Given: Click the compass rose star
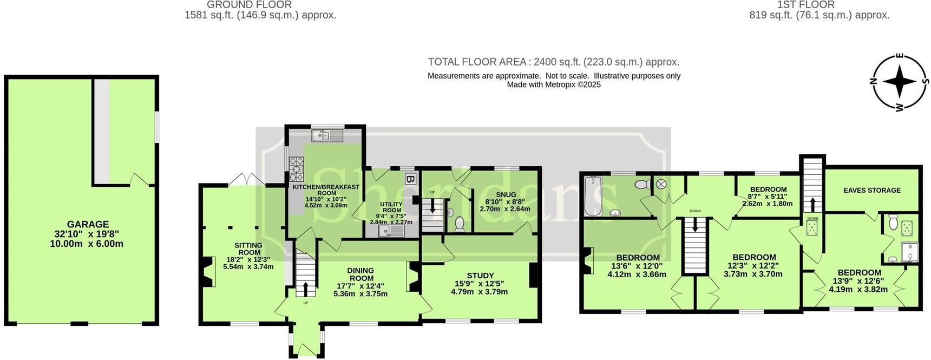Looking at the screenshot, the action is tap(899, 82).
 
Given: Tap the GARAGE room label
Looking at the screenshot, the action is tap(88, 224).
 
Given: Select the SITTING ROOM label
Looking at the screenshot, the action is tap(248, 249).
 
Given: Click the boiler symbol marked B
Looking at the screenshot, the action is tap(410, 179).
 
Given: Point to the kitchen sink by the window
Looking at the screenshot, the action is tap(327, 135).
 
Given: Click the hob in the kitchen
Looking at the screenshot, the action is tap(296, 168).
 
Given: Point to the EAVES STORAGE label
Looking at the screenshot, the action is tap(872, 190).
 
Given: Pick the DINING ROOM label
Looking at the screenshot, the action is tap(360, 274).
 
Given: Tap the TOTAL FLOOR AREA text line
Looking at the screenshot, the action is tap(554, 62).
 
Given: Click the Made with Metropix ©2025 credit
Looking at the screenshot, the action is tap(554, 84).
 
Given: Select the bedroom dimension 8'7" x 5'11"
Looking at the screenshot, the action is tap(768, 197).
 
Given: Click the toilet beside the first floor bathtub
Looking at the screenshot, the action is tap(644, 185).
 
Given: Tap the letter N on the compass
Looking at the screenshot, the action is tap(873, 82).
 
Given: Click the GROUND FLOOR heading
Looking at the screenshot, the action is tap(249, 5).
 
